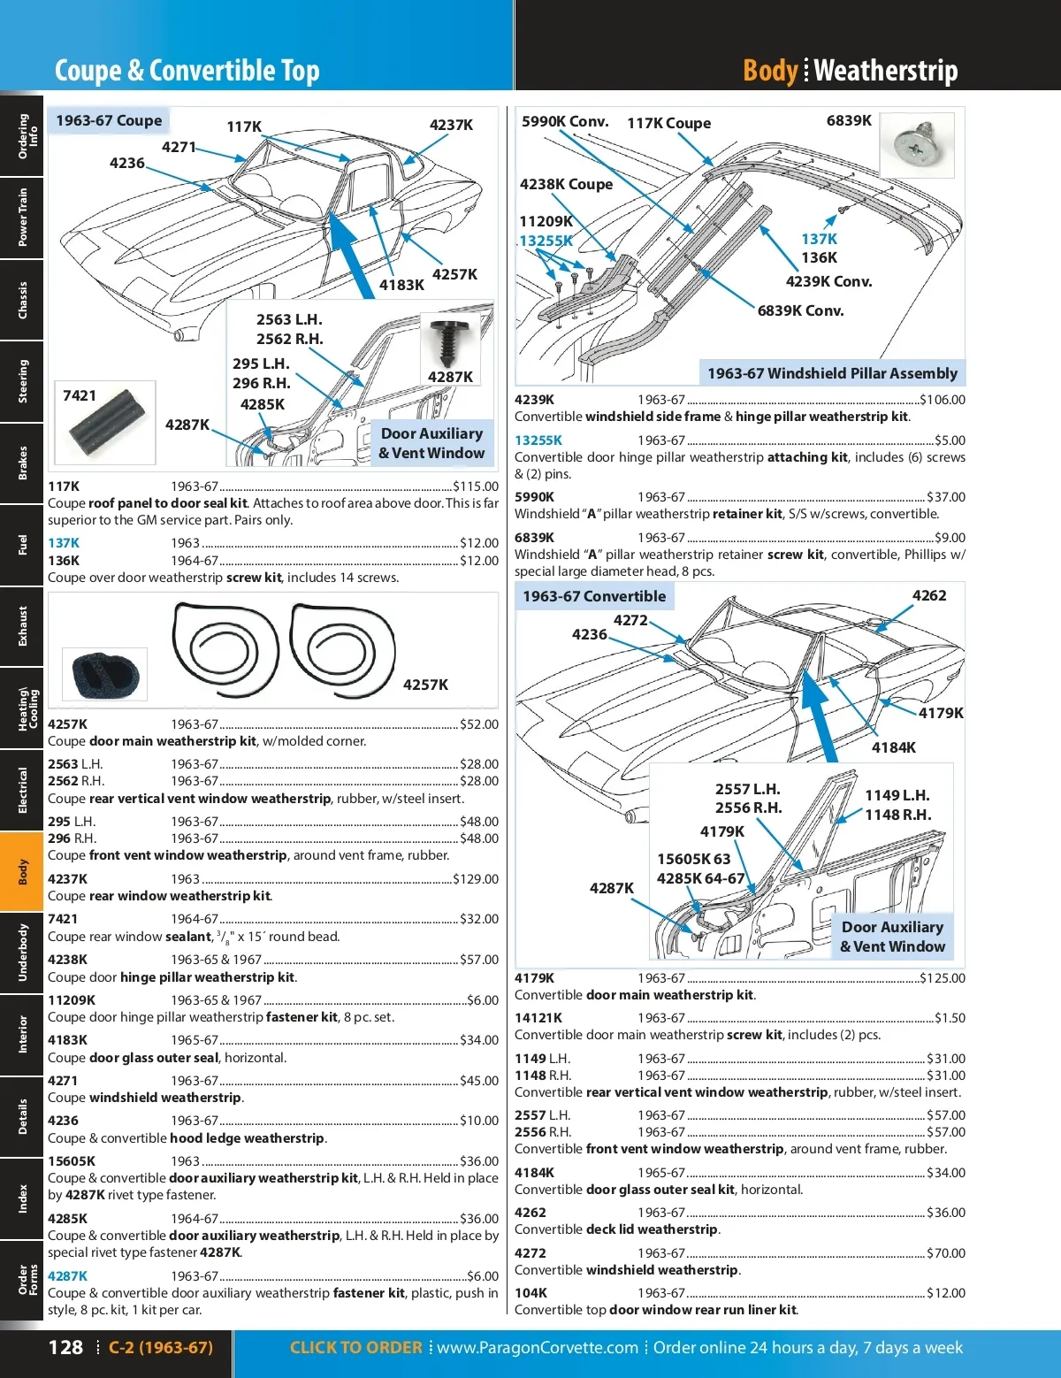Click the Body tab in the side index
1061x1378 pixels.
(22, 871)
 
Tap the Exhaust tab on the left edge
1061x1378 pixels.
(22, 625)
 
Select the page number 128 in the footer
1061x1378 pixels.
(65, 1347)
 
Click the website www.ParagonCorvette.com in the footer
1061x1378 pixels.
(538, 1347)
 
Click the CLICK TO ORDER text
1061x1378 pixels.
(355, 1347)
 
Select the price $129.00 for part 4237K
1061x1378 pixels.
(476, 879)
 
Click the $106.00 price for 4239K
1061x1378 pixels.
(943, 400)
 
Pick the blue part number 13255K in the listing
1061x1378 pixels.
(538, 440)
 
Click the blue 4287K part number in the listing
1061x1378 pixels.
(67, 1276)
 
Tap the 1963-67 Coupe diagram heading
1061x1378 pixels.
(109, 120)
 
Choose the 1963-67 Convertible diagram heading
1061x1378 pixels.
(594, 596)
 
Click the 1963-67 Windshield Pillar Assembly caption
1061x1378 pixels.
(832, 373)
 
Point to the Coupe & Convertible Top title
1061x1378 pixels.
(187, 71)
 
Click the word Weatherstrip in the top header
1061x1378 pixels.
(886, 71)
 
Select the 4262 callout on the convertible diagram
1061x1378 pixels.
(928, 595)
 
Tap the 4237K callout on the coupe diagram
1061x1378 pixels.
(451, 125)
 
